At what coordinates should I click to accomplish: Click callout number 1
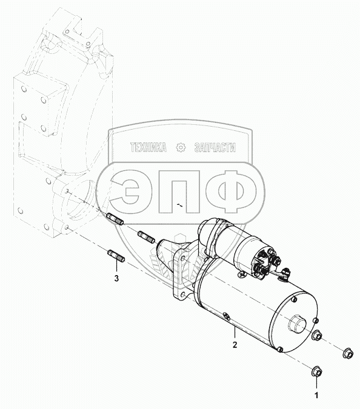pyautogui.click(x=316, y=396)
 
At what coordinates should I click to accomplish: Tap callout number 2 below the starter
pyautogui.click(x=235, y=345)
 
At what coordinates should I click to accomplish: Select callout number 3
pyautogui.click(x=116, y=278)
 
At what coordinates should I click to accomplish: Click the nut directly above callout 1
pyautogui.click(x=316, y=372)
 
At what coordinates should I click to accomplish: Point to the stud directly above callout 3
pyautogui.click(x=116, y=256)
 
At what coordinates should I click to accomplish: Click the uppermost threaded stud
pyautogui.click(x=115, y=219)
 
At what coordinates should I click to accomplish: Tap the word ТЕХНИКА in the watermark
pyautogui.click(x=148, y=148)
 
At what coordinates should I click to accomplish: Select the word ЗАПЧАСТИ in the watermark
pyautogui.click(x=215, y=148)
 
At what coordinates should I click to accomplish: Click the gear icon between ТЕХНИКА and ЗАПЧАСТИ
pyautogui.click(x=181, y=148)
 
